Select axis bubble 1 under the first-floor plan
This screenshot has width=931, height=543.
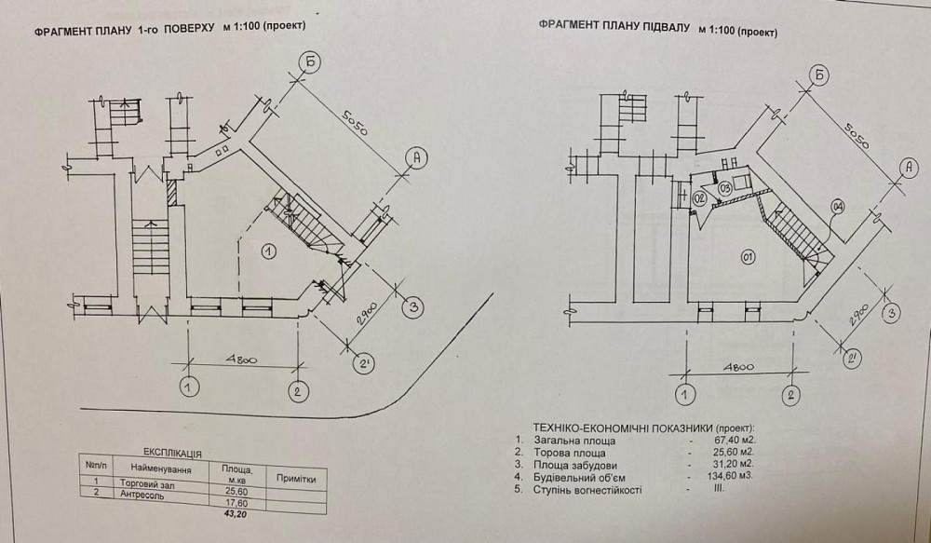[x=190, y=385]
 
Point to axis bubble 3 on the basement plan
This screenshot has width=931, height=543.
[x=892, y=313]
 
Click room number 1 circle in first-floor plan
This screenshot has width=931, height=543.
[x=267, y=250]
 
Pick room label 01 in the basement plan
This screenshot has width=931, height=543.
[x=747, y=255]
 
